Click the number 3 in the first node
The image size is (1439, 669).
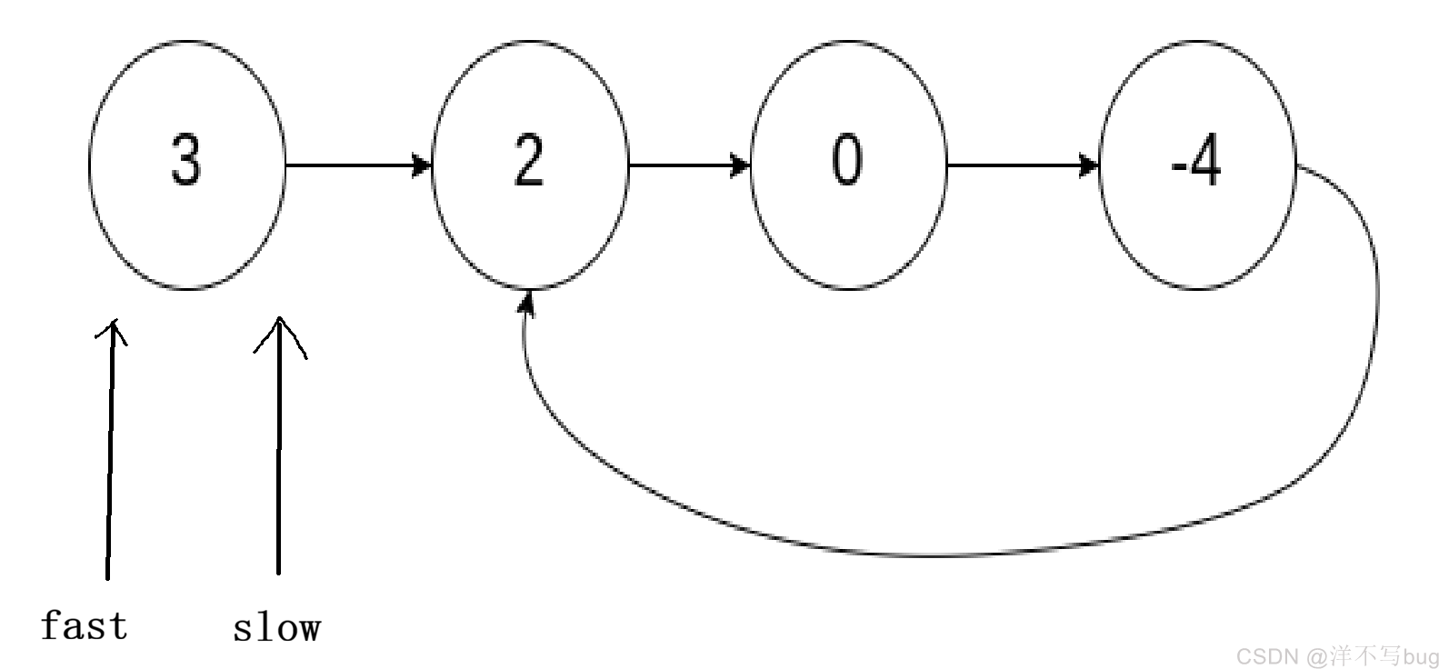pyautogui.click(x=186, y=159)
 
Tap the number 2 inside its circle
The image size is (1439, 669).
pyautogui.click(x=529, y=159)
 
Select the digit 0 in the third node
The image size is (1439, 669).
pyautogui.click(x=846, y=159)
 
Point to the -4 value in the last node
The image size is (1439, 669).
pyautogui.click(x=1195, y=159)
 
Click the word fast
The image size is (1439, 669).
pyautogui.click(x=85, y=625)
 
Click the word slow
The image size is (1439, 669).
pyautogui.click(x=277, y=628)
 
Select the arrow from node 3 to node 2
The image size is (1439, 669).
pyautogui.click(x=358, y=165)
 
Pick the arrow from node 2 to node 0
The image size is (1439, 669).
pyautogui.click(x=689, y=165)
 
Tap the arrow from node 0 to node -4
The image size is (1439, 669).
pyautogui.click(x=1024, y=165)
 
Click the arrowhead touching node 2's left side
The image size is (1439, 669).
pyautogui.click(x=422, y=165)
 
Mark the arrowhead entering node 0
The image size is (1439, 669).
pyautogui.click(x=741, y=165)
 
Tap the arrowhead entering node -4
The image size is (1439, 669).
pyautogui.click(x=1090, y=165)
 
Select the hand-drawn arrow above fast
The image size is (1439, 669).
pyautogui.click(x=111, y=450)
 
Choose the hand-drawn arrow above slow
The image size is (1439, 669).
pyautogui.click(x=279, y=444)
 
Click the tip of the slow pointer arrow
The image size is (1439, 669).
pyautogui.click(x=279, y=317)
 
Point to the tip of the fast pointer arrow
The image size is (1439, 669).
pyautogui.click(x=115, y=320)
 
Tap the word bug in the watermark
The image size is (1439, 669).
pyautogui.click(x=1421, y=657)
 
